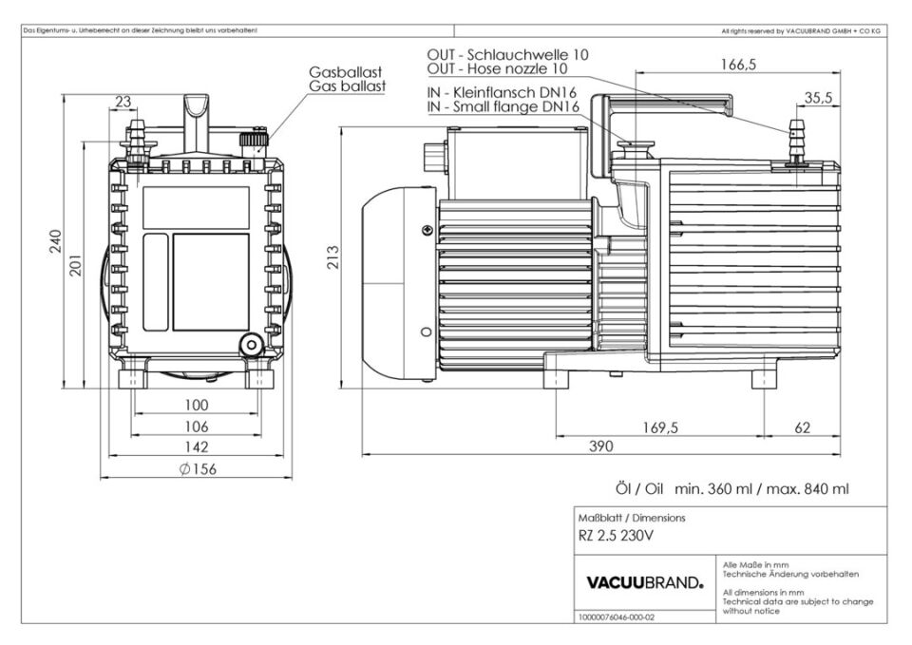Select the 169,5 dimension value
pyautogui.click(x=660, y=428)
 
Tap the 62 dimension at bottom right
pyautogui.click(x=803, y=428)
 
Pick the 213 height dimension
pyautogui.click(x=333, y=260)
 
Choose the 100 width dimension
pyautogui.click(x=197, y=406)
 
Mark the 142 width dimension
pyautogui.click(x=197, y=446)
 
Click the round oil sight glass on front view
pyautogui.click(x=251, y=344)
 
